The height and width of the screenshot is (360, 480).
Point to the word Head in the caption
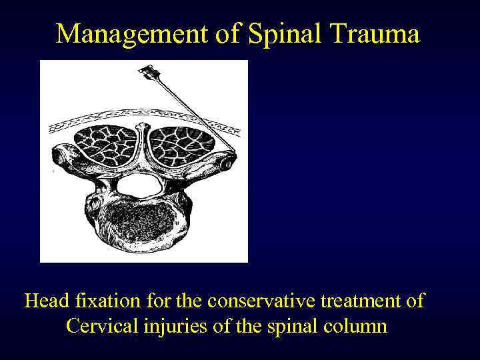click(x=47, y=301)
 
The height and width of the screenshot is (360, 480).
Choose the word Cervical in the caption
click(x=100, y=327)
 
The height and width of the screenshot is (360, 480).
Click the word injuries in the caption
click(x=176, y=327)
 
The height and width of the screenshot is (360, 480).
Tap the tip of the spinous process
click(x=141, y=125)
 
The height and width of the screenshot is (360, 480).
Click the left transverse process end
click(x=59, y=157)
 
